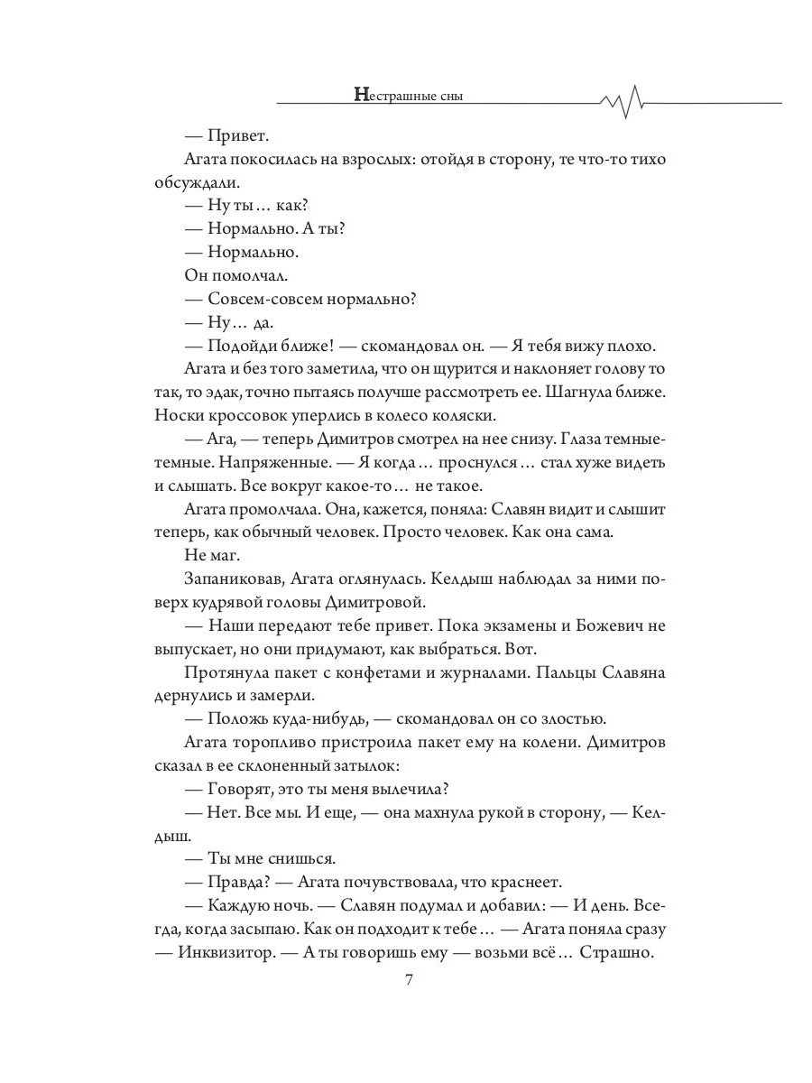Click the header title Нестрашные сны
click(x=409, y=95)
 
